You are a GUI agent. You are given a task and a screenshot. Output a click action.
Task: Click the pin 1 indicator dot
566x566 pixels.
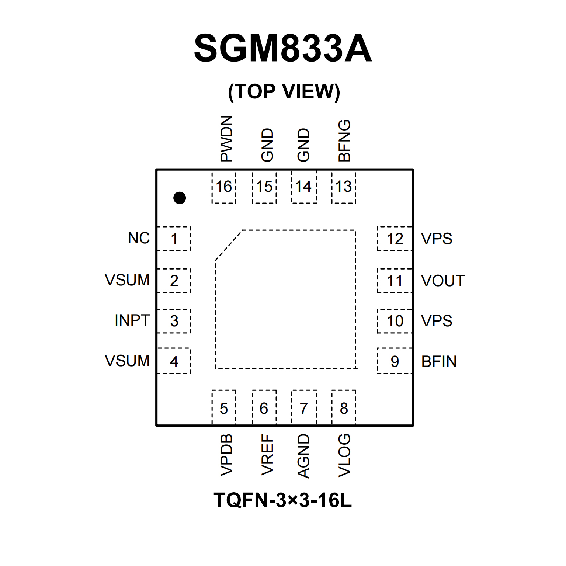click(x=180, y=198)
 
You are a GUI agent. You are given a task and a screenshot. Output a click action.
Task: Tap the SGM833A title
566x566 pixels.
click(x=283, y=48)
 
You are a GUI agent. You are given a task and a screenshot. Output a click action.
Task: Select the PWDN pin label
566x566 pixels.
click(x=226, y=139)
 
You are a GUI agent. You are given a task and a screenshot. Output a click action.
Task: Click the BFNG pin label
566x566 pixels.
click(x=344, y=140)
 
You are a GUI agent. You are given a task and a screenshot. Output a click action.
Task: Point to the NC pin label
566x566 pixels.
click(x=139, y=238)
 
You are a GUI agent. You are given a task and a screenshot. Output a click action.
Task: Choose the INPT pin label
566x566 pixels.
click(x=132, y=320)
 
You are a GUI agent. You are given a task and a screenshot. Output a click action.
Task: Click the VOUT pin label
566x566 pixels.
click(x=442, y=281)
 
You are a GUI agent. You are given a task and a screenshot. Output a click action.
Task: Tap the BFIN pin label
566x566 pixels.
click(x=439, y=361)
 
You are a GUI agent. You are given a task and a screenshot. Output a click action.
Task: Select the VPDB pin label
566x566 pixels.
click(x=226, y=455)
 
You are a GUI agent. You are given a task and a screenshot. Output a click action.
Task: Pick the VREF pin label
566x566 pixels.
click(x=267, y=455)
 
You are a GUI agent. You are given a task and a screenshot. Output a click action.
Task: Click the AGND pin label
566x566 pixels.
click(x=303, y=456)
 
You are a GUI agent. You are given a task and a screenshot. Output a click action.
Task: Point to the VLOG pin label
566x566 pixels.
click(x=344, y=455)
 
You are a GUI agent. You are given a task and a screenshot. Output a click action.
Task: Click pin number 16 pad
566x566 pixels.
click(x=224, y=187)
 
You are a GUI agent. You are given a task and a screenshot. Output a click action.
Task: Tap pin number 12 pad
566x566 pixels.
click(x=395, y=239)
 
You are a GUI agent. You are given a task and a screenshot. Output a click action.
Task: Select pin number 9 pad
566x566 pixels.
click(x=395, y=361)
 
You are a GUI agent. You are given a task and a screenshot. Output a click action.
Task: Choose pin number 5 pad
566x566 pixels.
click(x=224, y=408)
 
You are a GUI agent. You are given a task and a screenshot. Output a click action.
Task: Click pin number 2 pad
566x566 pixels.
click(x=174, y=281)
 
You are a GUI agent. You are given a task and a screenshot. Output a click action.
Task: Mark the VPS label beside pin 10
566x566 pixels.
click(x=437, y=321)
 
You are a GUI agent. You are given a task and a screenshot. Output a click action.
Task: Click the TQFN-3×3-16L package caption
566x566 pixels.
click(x=283, y=500)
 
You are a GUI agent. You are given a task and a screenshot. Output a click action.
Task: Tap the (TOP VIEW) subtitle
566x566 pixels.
click(x=284, y=91)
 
